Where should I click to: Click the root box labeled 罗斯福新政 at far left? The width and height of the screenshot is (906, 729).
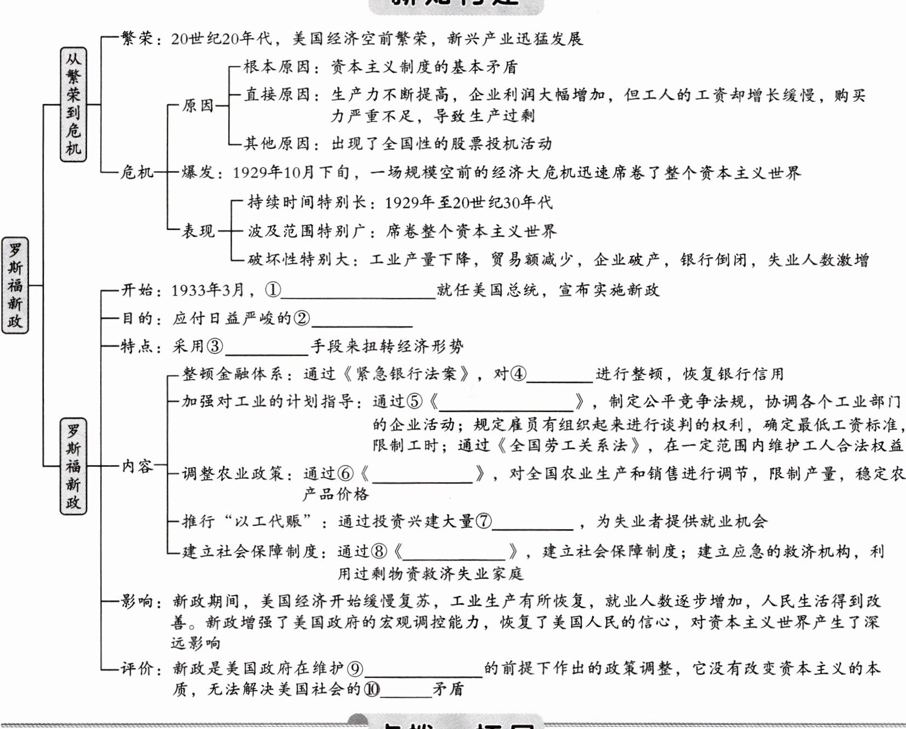tap(15, 285)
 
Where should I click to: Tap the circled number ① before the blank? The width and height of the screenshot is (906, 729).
tap(273, 290)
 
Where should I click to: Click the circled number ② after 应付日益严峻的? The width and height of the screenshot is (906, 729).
tap(302, 318)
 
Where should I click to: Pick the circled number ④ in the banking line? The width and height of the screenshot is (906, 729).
tap(518, 374)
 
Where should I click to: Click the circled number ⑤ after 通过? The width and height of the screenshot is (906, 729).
tap(414, 402)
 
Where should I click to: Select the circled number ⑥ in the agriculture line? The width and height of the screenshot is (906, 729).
tap(346, 473)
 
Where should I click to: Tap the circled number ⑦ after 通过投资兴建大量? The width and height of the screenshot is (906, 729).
tap(483, 521)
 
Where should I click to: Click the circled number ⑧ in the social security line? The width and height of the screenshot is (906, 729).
tap(379, 551)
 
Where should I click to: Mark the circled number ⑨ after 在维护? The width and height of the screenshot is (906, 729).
tap(355, 669)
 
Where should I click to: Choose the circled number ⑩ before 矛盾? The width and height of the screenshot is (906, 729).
tap(372, 689)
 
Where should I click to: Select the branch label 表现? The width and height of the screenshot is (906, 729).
tap(199, 231)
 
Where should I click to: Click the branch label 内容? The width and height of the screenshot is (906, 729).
tap(137, 466)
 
